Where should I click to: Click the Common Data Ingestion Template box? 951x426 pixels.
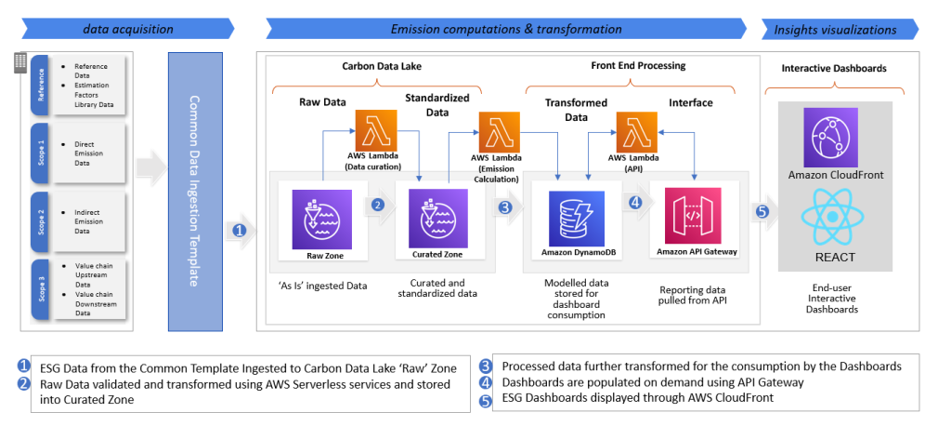(195, 191)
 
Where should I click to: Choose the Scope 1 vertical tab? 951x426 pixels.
(40, 153)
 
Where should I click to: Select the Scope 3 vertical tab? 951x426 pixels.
(40, 289)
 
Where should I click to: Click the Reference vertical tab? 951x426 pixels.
(40, 85)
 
